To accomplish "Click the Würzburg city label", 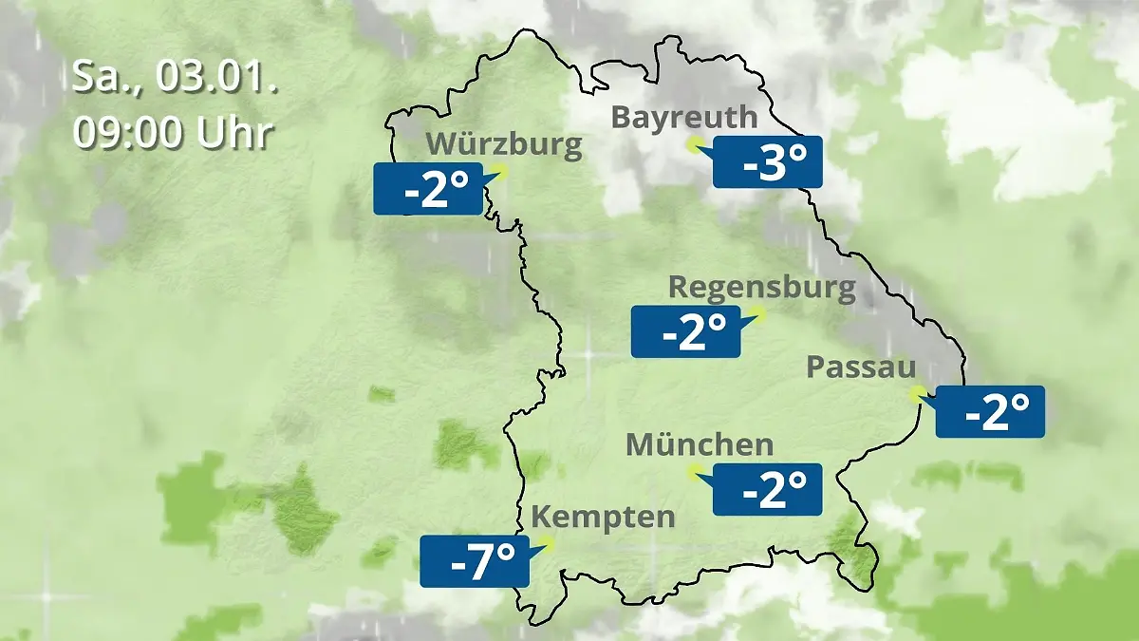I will click(504, 145).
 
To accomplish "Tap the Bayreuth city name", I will click(684, 118).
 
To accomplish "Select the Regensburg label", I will click(762, 287).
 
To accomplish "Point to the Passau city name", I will click(861, 368).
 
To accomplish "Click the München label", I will click(700, 444).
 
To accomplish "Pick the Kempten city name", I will click(603, 518).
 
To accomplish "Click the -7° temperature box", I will click(474, 561).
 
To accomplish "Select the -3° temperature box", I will click(767, 162).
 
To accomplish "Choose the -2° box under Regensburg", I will click(685, 331).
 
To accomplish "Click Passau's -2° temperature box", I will click(990, 412).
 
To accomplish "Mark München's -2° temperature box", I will click(767, 489).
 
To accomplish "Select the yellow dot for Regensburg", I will click(757, 312).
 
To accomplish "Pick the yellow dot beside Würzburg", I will click(499, 172).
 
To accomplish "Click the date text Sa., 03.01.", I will click(175, 78).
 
